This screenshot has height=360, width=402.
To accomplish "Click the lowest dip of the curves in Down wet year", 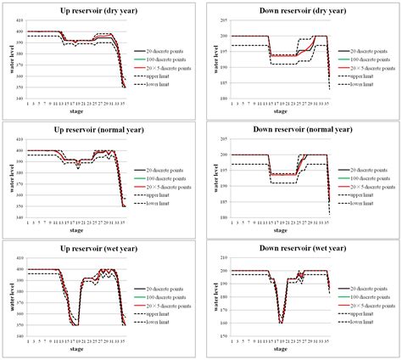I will tap(282, 322).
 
